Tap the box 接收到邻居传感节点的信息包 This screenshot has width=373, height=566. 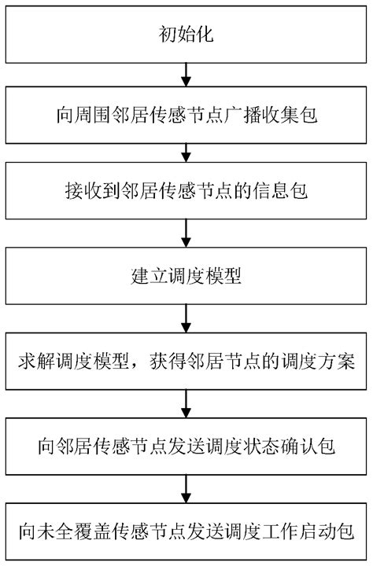click(186, 190)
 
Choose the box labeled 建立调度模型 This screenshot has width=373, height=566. click(186, 277)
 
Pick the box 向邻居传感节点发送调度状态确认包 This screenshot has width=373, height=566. click(186, 448)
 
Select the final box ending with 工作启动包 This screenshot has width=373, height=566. click(186, 531)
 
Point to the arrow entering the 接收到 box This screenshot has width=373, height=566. click(186, 151)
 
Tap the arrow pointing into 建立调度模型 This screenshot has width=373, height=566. click(186, 233)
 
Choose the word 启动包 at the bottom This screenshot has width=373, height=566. click(326, 531)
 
